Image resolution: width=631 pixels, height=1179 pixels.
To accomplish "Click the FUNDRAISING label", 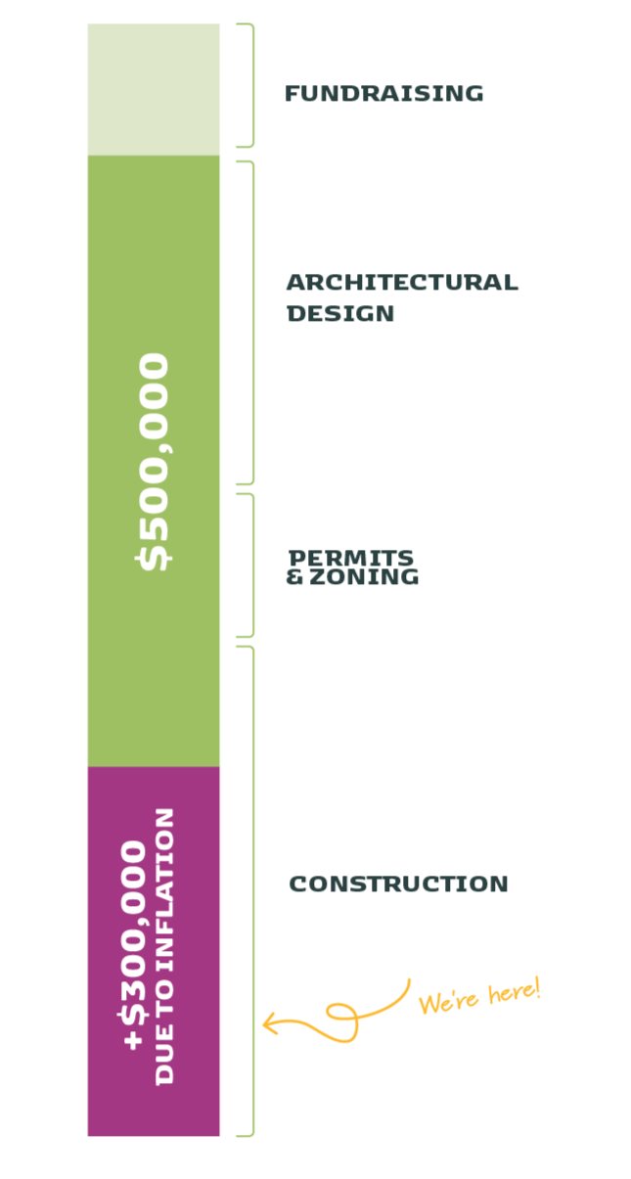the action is [x=383, y=94].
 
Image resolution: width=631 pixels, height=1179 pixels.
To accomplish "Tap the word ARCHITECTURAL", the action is [x=401, y=283].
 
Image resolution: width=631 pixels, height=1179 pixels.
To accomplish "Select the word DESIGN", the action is [x=340, y=314].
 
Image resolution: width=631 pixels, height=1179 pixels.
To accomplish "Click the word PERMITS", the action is [x=351, y=558].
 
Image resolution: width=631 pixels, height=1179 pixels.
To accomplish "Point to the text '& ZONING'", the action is [x=352, y=577].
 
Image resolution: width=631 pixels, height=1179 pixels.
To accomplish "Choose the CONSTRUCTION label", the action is [x=398, y=884].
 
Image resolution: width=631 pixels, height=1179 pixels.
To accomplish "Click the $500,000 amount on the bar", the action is [x=155, y=461].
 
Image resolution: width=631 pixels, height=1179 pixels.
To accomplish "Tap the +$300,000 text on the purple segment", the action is [x=137, y=945].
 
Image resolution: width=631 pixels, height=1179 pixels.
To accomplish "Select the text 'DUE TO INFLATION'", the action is [x=165, y=945].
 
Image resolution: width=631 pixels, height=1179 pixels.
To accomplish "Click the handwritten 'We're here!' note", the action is [x=479, y=996].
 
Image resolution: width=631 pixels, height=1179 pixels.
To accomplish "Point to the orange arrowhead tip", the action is [x=264, y=1024].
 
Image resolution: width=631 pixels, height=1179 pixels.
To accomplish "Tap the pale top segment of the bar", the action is [x=154, y=89].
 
